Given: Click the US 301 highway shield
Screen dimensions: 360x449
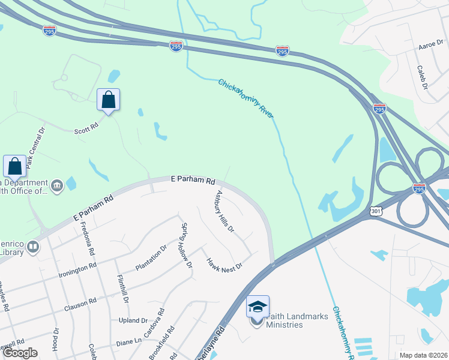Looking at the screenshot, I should tap(376, 211).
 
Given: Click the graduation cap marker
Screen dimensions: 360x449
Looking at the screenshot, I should tap(258, 307).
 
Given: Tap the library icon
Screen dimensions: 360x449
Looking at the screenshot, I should tap(34, 246).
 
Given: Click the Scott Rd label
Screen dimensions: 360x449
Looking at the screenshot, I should tap(86, 130).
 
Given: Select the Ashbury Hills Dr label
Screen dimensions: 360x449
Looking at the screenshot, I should tap(224, 212).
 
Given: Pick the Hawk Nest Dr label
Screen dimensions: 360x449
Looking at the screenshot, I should tap(224, 263).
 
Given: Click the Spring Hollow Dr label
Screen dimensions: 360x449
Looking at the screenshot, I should tap(187, 246).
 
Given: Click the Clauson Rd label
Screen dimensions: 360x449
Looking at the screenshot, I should tap(80, 304).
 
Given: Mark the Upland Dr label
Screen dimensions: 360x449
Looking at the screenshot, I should tap(133, 321).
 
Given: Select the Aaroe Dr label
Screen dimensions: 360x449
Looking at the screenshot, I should tap(430, 47).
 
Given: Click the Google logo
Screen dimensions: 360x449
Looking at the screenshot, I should tap(20, 353).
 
